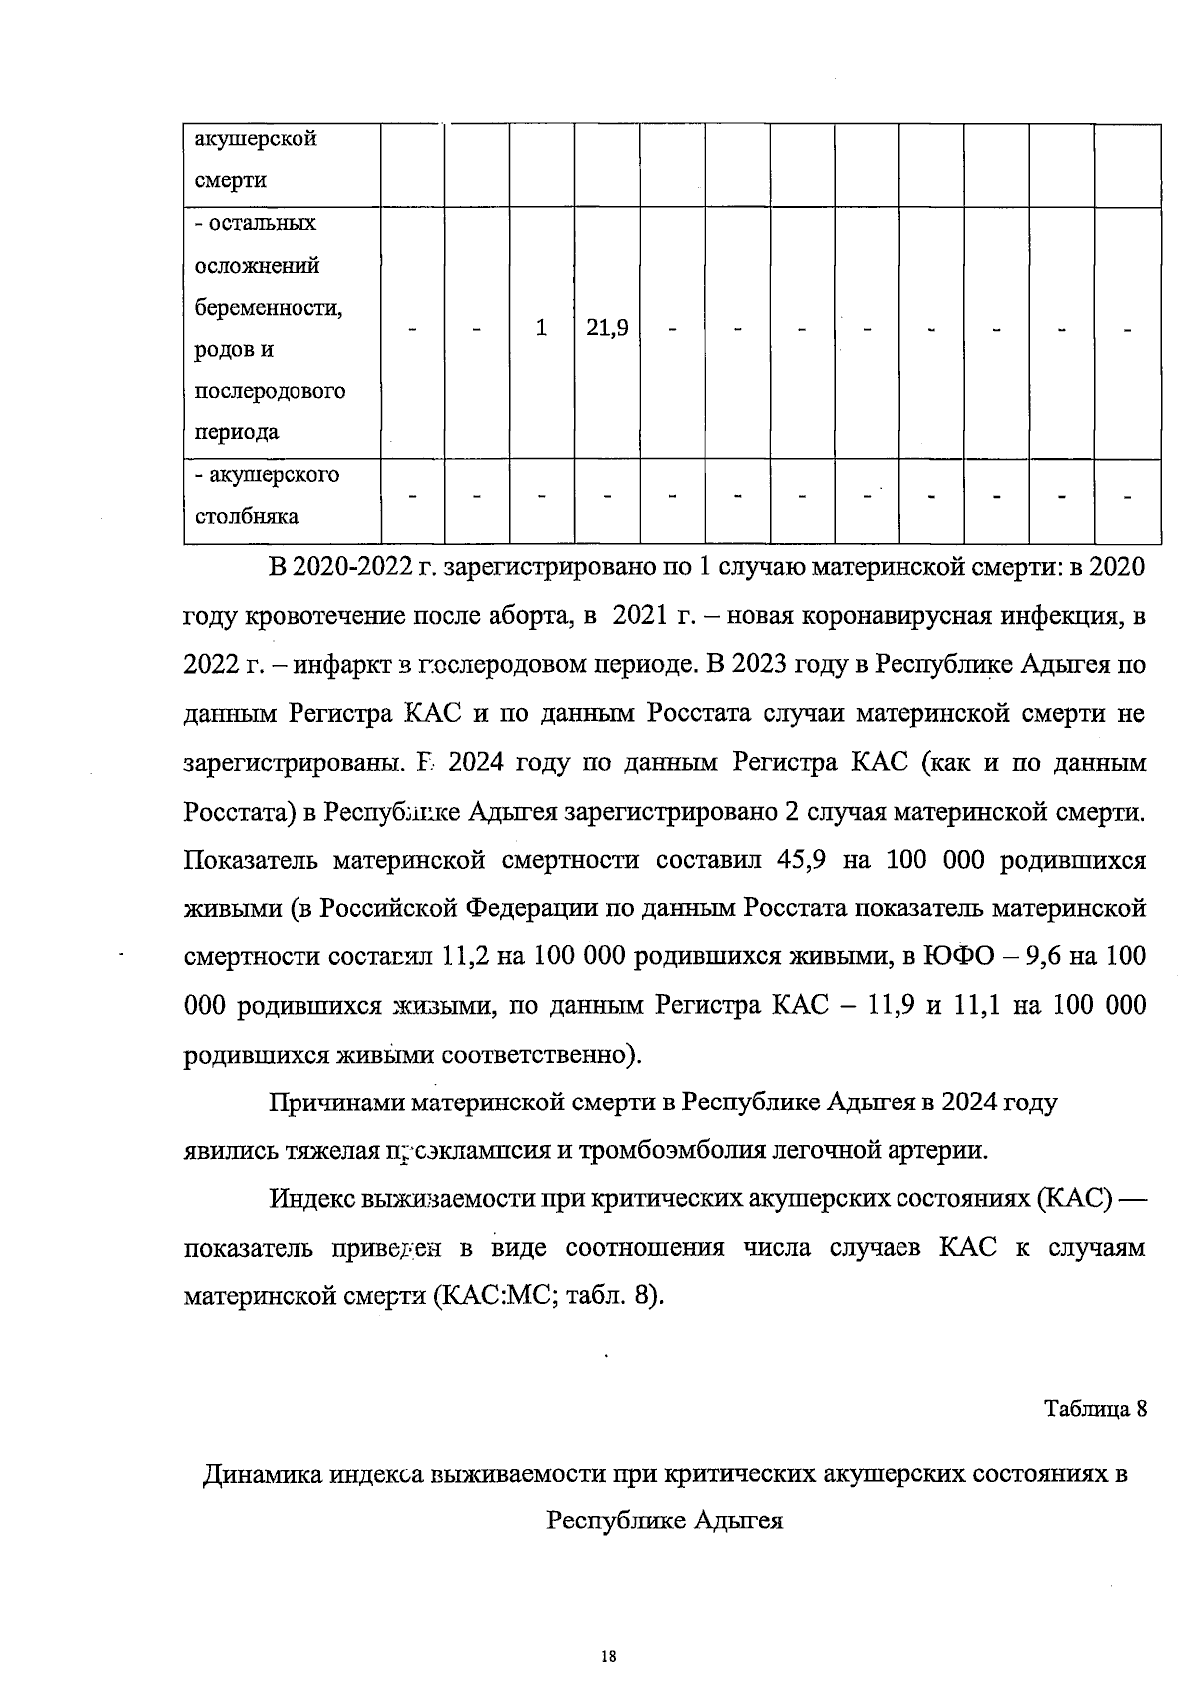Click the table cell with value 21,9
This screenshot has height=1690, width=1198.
[x=606, y=328]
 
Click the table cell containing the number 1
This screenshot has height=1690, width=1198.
[x=541, y=328]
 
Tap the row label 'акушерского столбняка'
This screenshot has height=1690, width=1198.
[x=267, y=496]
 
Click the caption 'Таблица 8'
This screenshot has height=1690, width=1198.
[x=1095, y=1409]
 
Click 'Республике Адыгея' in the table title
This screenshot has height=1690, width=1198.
[x=664, y=1521]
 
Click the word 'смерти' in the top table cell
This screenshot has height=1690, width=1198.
[x=231, y=181]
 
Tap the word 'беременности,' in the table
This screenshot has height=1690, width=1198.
[x=268, y=308]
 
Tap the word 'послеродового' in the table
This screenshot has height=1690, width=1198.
[x=270, y=391]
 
